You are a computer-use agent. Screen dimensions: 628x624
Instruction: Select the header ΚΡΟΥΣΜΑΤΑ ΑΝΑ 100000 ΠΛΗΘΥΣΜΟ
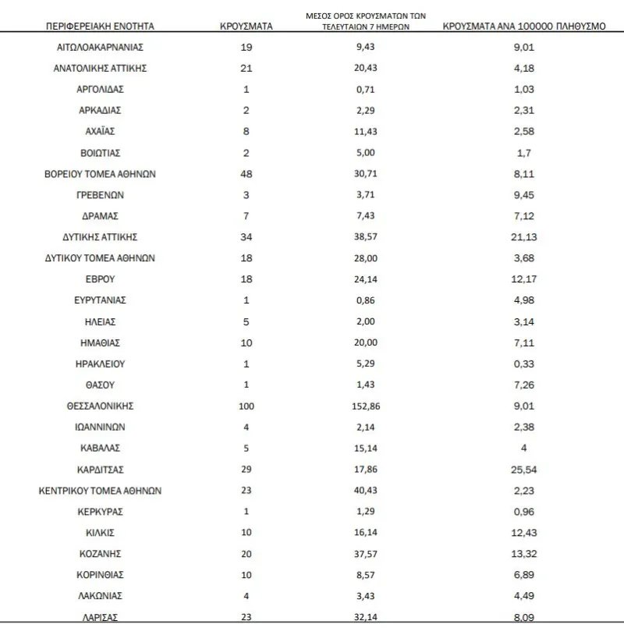[x=524, y=26]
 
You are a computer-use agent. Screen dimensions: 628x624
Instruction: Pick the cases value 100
[x=246, y=406]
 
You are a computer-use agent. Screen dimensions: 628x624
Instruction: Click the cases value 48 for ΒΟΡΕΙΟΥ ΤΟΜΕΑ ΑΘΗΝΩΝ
[x=246, y=174]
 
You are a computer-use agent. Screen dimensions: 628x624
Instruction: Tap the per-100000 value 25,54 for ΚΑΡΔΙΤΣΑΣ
[x=524, y=470]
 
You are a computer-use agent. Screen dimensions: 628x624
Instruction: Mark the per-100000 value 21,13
[x=524, y=237]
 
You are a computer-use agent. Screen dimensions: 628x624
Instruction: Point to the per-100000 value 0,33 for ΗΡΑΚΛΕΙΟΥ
[x=524, y=364]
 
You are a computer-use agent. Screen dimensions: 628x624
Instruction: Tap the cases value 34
[x=246, y=237]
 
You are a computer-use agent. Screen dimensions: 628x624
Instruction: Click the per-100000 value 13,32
[x=524, y=554]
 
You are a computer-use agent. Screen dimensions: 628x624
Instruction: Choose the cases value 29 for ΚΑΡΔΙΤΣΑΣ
[x=246, y=470]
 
